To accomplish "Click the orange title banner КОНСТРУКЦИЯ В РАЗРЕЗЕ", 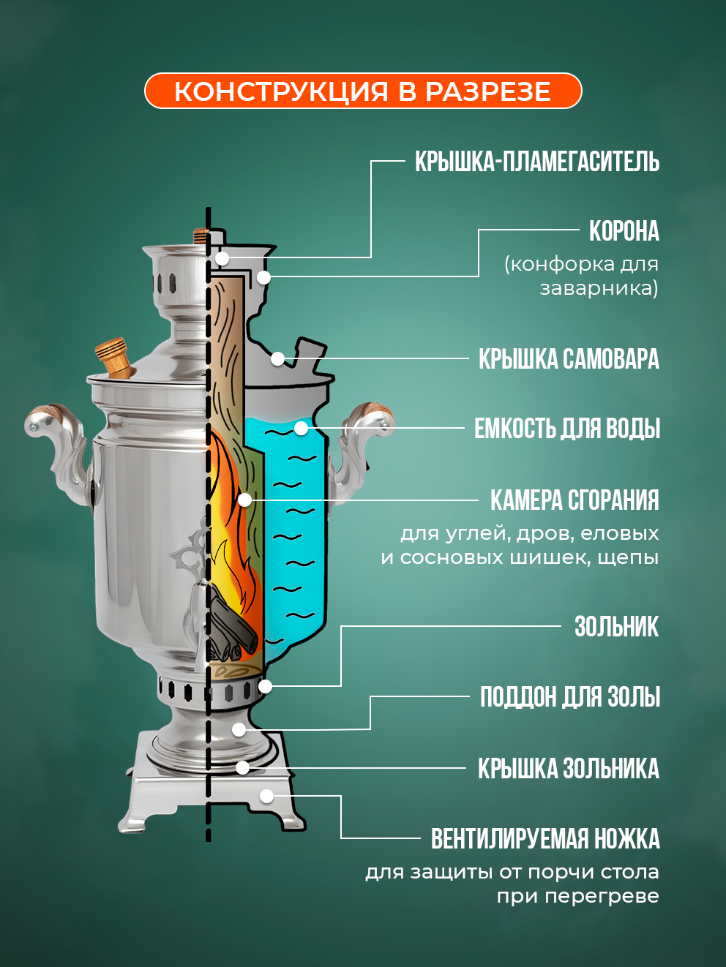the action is [x=363, y=91].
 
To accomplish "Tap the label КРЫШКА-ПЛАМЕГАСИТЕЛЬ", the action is [x=536, y=162].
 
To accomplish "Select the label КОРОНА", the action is [x=624, y=231].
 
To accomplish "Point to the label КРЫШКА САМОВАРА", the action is [x=569, y=359].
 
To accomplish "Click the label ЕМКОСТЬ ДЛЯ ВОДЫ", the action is [x=566, y=429].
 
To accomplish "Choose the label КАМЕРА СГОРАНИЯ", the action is [x=575, y=500].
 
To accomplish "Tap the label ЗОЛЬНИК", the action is [x=616, y=627].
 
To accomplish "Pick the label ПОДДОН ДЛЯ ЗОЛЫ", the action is [x=569, y=697].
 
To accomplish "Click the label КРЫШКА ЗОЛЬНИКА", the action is [x=568, y=769].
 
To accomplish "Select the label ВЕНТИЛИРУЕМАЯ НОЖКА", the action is [x=545, y=839].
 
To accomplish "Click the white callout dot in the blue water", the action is [x=301, y=428].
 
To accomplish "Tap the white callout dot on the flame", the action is [x=245, y=500].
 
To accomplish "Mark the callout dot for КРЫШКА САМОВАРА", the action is [x=277, y=358].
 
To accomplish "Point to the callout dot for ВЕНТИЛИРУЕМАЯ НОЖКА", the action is [x=267, y=796].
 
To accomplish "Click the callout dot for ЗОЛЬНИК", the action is [x=266, y=686].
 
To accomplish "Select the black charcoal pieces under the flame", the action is [x=233, y=628].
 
